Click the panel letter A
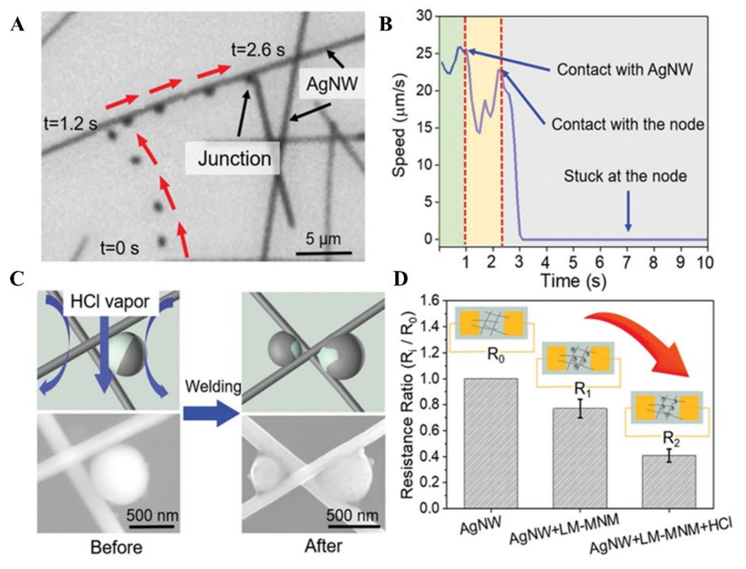(18, 25)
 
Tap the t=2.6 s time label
(258, 50)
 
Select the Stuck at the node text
(625, 176)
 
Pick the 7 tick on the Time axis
(627, 262)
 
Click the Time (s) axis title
(574, 280)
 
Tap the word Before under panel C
(117, 547)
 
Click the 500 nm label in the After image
(352, 515)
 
